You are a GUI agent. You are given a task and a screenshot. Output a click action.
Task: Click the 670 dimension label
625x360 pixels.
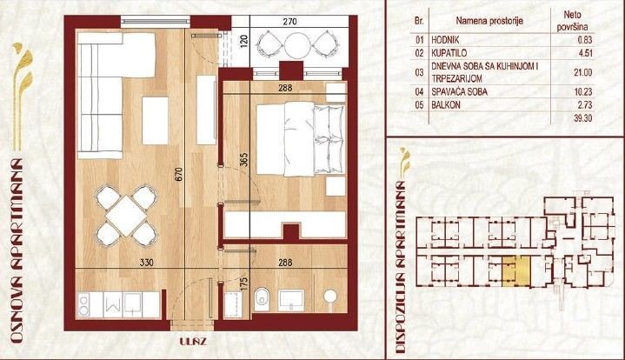(x=179, y=174)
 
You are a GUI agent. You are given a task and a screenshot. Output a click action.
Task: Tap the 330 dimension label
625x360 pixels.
(x=147, y=263)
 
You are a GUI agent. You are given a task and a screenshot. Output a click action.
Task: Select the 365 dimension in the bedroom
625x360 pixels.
(x=244, y=160)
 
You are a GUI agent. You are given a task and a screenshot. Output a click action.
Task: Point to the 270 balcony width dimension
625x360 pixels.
(x=289, y=21)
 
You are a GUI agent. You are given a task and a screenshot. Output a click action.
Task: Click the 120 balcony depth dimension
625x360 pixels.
(x=244, y=41)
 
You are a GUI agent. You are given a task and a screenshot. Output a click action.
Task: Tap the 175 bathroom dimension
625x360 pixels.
(x=244, y=283)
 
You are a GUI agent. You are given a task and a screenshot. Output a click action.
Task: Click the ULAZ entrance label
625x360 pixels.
(x=192, y=342)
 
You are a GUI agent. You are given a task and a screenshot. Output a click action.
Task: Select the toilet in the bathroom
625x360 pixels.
(x=262, y=299)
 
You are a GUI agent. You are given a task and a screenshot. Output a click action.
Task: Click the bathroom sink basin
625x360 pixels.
(x=291, y=301)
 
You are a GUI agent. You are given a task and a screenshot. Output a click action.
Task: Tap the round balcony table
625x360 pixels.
(x=296, y=44)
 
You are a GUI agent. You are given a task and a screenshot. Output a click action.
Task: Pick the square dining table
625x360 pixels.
(x=127, y=216)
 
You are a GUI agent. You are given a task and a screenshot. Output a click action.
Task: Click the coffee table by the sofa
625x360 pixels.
(x=155, y=120)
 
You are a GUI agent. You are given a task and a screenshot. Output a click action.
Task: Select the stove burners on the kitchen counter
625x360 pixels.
(x=84, y=304)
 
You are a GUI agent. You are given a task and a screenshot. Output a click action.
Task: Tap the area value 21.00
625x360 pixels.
(x=582, y=72)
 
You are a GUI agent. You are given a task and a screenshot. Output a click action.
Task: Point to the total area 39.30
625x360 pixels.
(x=582, y=118)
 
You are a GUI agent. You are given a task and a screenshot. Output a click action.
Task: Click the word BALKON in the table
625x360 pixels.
(x=446, y=105)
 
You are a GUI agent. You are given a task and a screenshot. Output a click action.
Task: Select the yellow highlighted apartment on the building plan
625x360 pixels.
(x=516, y=271)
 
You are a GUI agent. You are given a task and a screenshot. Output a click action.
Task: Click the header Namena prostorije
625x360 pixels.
(x=489, y=21)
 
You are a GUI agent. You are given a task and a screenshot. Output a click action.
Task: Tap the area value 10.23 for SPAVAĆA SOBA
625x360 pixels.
(x=582, y=91)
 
